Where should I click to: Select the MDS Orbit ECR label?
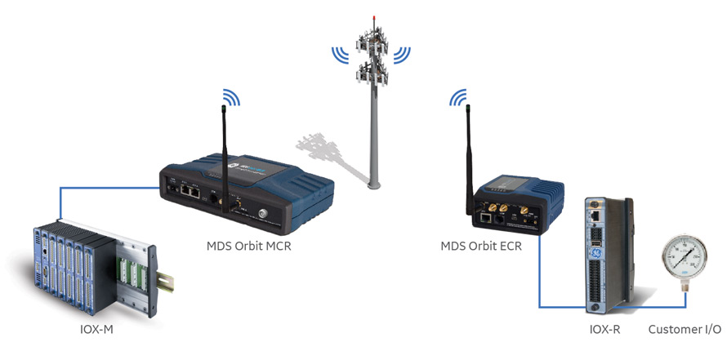(481, 246)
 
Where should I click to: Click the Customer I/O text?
(684, 329)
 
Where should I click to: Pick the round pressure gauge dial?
(686, 267)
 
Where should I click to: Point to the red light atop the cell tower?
(374, 16)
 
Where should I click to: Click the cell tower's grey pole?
(374, 139)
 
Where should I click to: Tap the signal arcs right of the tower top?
(403, 55)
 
